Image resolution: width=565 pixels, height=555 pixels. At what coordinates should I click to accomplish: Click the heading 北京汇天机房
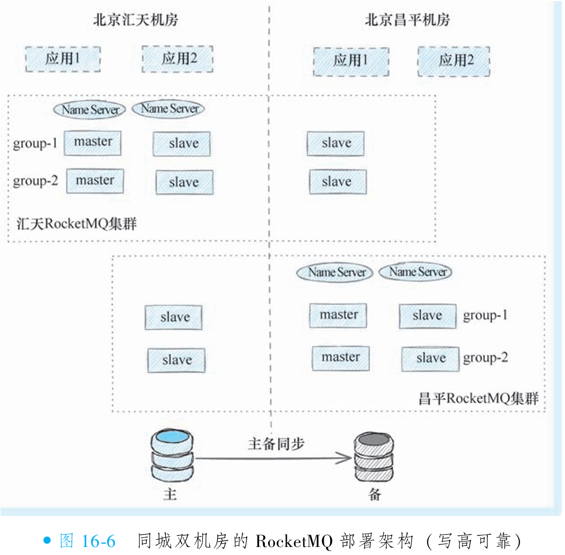pos(135,20)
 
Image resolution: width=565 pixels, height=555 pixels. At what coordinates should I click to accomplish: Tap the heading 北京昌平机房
pos(407,20)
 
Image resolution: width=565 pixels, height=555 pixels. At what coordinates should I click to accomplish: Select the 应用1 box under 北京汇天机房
pos(63,59)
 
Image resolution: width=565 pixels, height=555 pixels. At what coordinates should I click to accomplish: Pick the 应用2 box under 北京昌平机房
pos(454,60)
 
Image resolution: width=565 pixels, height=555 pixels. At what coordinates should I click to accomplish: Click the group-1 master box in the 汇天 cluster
pos(93,143)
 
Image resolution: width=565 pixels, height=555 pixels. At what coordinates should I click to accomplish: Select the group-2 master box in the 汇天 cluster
pos(95,181)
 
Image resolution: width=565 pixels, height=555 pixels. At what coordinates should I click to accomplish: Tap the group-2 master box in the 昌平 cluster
pos(341,358)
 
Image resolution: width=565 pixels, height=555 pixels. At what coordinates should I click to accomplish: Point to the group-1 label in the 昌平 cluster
pos(485,315)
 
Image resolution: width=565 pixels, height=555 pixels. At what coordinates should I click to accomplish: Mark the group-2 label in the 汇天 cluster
pos(36,181)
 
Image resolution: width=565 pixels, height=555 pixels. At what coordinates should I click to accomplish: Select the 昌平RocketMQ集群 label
pos(478,398)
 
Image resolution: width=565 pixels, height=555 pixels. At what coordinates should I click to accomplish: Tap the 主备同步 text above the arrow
pos(276,443)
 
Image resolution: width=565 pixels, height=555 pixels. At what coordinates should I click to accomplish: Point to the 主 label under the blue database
pos(170,494)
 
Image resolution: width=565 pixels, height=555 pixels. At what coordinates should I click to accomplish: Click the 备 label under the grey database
pos(375,494)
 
